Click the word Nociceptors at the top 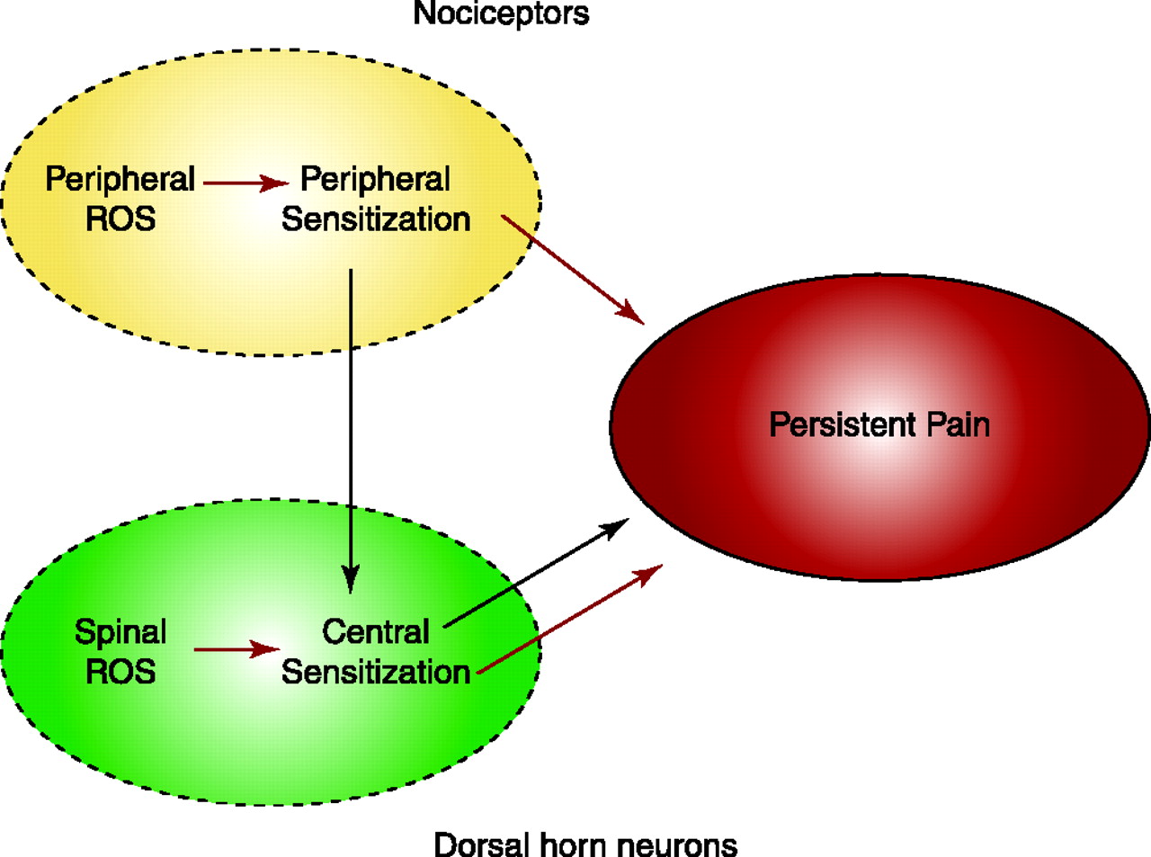click(x=501, y=14)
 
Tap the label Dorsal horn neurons click(x=585, y=844)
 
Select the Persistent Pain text click(x=879, y=424)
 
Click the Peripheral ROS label click(x=120, y=199)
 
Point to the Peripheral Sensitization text click(x=376, y=199)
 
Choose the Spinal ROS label click(x=120, y=652)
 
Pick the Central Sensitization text click(x=376, y=652)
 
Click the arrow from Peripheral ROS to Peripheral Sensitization click(x=245, y=183)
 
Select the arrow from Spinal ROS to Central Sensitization click(x=236, y=649)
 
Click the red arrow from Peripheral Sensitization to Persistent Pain click(x=572, y=269)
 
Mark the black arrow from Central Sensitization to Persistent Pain click(x=536, y=573)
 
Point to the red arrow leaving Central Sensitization click(x=569, y=619)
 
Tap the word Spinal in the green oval click(x=120, y=632)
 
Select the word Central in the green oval click(x=376, y=632)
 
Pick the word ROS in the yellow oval click(x=120, y=219)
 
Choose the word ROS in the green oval click(x=120, y=672)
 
